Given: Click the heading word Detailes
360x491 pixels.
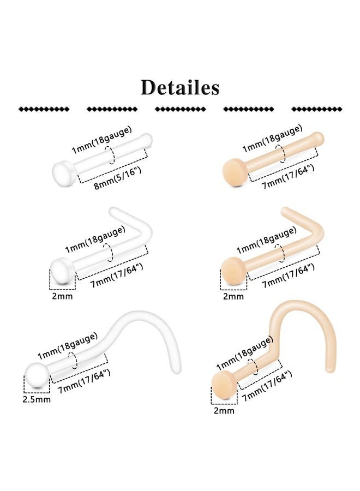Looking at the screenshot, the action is pyautogui.click(x=180, y=87).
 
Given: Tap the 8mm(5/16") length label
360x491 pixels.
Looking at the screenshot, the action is pyautogui.click(x=118, y=178).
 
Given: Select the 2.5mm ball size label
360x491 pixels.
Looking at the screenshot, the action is pyautogui.click(x=37, y=399).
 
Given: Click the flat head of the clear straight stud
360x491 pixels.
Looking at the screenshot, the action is pyautogui.click(x=64, y=173).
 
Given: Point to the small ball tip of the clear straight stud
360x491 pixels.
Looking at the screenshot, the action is pyautogui.click(x=147, y=139).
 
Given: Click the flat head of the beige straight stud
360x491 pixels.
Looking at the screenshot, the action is pyautogui.click(x=235, y=172).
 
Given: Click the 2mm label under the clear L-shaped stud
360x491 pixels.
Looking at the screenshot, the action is pyautogui.click(x=62, y=296).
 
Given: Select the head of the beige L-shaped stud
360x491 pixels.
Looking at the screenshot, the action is pyautogui.click(x=233, y=271).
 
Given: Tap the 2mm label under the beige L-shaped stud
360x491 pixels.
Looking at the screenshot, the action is pyautogui.click(x=233, y=296).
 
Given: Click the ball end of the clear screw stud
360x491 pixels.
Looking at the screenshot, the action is pyautogui.click(x=37, y=375).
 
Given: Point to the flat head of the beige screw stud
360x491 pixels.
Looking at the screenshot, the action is pyautogui.click(x=224, y=385).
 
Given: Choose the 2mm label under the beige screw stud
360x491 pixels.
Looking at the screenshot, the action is pyautogui.click(x=224, y=410).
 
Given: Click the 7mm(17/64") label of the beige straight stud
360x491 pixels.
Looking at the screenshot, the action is pyautogui.click(x=288, y=177).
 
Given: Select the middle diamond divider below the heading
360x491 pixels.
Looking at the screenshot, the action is pyautogui.click(x=181, y=109).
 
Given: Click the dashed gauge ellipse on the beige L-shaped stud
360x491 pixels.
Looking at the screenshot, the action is pyautogui.click(x=280, y=253).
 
